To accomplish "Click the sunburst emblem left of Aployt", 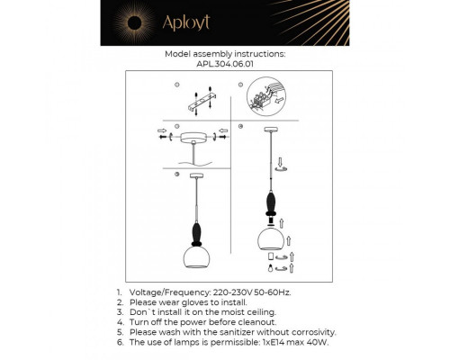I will [145, 22].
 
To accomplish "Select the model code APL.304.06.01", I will [225, 64].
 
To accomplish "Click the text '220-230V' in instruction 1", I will [232, 293].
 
